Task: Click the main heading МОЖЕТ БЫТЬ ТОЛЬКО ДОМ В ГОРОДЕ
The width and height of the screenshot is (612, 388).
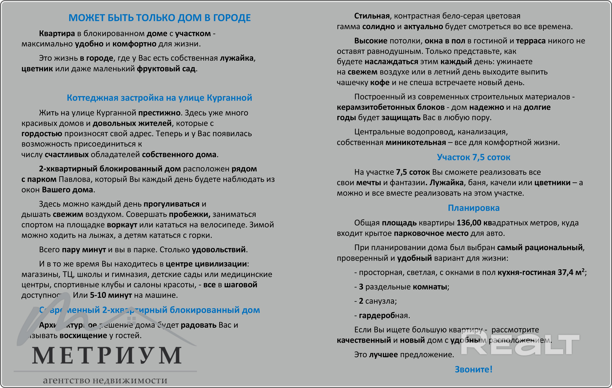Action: click(x=160, y=18)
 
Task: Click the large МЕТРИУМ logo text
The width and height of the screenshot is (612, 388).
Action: click(x=107, y=356)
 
